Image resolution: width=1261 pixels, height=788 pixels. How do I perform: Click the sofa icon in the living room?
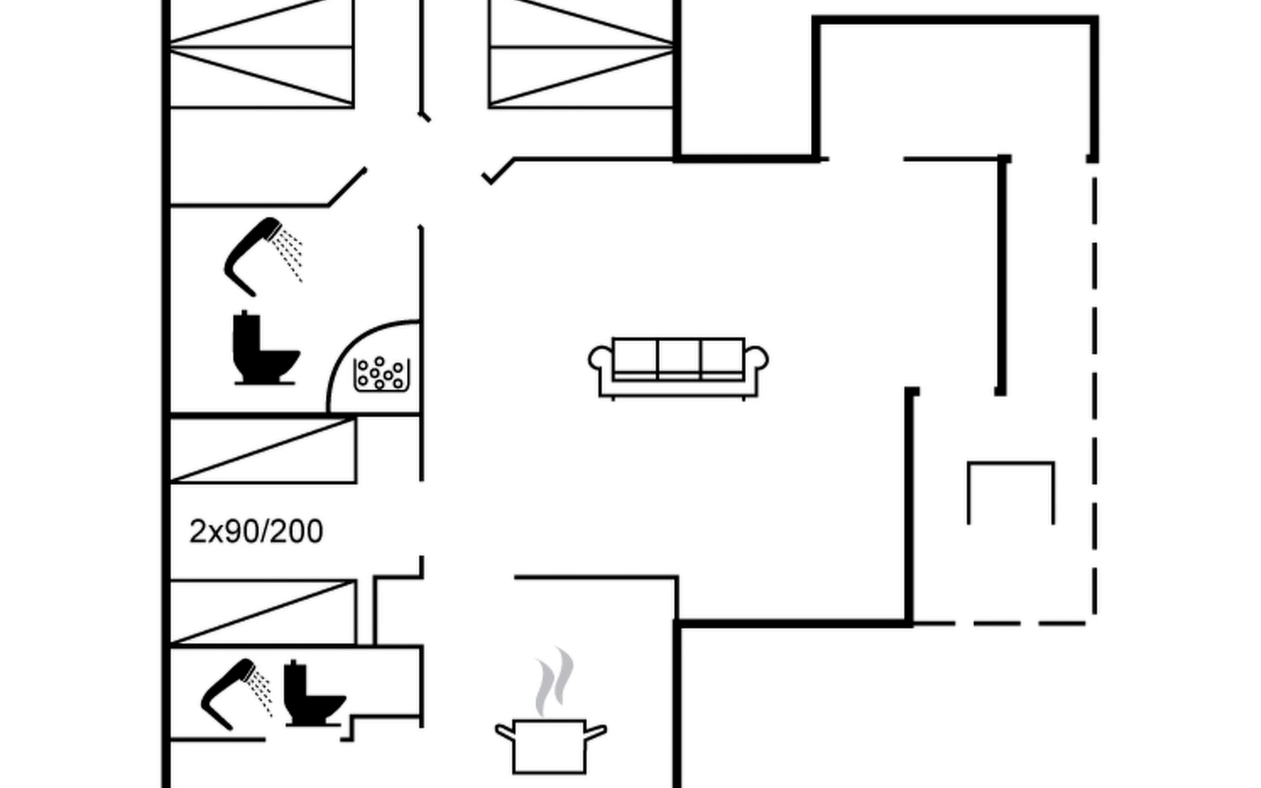pyautogui.click(x=678, y=368)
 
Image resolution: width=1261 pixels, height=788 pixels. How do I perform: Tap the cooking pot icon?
pyautogui.click(x=550, y=747)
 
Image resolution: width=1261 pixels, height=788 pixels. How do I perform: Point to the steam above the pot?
pyautogui.click(x=554, y=682)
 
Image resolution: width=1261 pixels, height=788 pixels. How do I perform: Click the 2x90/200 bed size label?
pyautogui.click(x=256, y=531)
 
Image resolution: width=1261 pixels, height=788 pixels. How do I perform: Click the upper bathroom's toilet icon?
pyautogui.click(x=265, y=348)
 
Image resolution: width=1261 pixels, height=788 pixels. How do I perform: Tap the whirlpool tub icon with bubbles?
pyautogui.click(x=382, y=374)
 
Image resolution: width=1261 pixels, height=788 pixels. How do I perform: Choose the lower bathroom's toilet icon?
pyautogui.click(x=313, y=693)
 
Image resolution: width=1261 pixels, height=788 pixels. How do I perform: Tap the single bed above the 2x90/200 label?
pyautogui.click(x=263, y=450)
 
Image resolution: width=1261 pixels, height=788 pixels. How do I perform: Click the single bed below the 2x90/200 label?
pyautogui.click(x=263, y=612)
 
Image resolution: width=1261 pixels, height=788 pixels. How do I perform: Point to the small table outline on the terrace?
pyautogui.click(x=1011, y=463)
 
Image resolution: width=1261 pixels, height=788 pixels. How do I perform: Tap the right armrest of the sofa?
pyautogui.click(x=757, y=360)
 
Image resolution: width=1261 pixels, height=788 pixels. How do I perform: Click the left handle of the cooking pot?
pyautogui.click(x=504, y=732)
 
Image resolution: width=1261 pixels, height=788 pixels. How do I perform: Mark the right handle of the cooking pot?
pyautogui.click(x=596, y=732)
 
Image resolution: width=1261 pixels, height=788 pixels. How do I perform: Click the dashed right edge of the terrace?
pyautogui.click(x=1095, y=391)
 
